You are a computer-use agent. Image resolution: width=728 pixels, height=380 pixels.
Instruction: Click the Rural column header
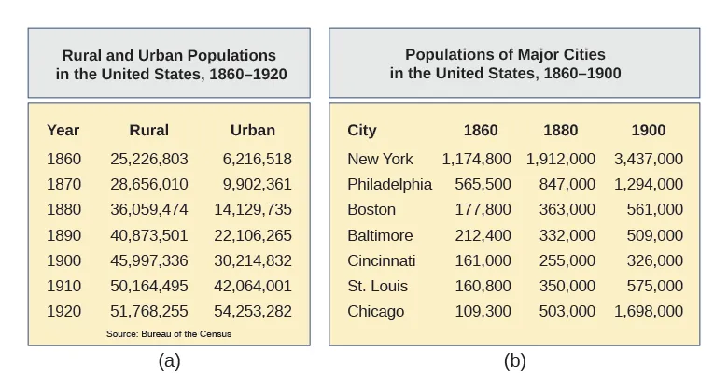tap(148, 131)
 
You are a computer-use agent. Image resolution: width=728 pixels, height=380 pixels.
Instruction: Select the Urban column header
tap(252, 131)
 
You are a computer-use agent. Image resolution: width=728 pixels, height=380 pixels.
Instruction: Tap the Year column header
tap(63, 131)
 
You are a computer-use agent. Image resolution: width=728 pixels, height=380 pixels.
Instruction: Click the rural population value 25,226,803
tap(148, 159)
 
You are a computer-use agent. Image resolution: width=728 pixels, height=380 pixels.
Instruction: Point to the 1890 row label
tap(63, 235)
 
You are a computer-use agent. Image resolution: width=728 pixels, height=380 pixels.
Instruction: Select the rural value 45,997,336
tap(148, 260)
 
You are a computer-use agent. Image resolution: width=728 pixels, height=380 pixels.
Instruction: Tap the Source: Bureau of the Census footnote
tap(169, 333)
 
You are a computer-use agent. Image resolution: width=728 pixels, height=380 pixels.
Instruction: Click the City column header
tap(361, 131)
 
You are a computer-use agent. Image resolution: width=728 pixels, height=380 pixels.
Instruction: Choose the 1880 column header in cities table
tap(561, 131)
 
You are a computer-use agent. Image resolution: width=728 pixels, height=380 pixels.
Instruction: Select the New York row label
tap(380, 159)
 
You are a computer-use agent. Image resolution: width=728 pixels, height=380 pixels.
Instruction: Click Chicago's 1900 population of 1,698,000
tap(648, 311)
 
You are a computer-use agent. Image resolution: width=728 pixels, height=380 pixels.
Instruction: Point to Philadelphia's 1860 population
tap(483, 184)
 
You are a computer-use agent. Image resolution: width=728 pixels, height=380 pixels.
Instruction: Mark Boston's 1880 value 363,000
tap(567, 209)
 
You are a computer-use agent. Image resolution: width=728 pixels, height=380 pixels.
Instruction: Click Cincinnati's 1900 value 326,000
tap(654, 260)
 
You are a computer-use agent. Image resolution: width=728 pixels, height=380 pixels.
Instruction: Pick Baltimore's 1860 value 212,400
tap(483, 235)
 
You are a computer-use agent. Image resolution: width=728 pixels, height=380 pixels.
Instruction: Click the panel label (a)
tap(169, 361)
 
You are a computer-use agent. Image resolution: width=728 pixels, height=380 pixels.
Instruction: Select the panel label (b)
tap(514, 361)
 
